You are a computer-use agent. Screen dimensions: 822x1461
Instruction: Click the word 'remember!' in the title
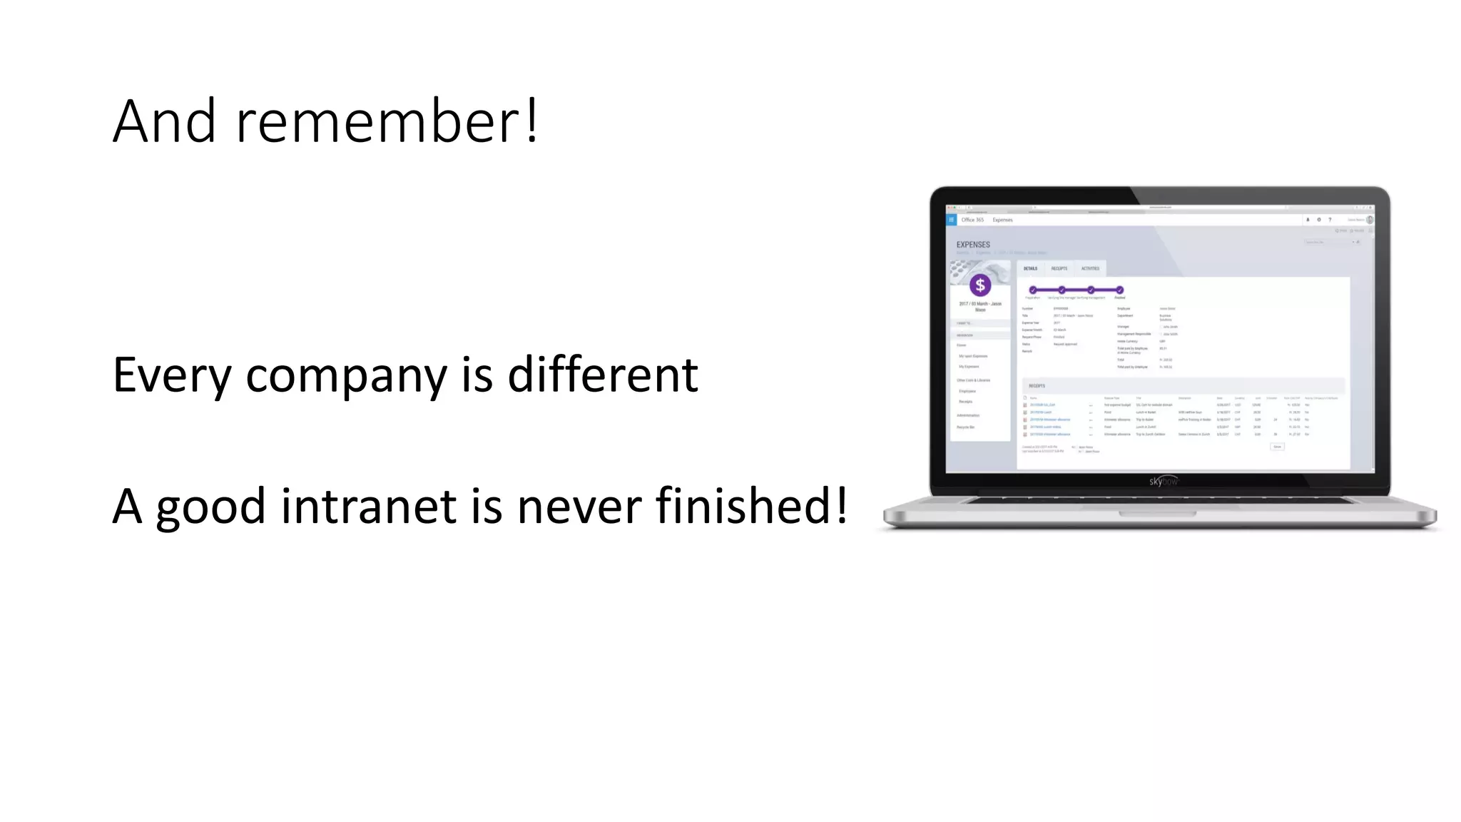point(387,121)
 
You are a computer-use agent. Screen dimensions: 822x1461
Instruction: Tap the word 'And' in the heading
point(164,121)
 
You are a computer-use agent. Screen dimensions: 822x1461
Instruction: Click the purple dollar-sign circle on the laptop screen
point(980,285)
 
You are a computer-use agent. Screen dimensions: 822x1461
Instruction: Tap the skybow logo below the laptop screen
point(1163,482)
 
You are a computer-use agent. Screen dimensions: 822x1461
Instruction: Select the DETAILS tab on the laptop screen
point(1030,269)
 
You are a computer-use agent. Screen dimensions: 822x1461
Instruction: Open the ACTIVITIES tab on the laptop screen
point(1090,269)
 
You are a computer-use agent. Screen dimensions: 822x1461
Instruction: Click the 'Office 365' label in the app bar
point(972,220)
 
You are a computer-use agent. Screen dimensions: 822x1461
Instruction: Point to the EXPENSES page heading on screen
point(973,245)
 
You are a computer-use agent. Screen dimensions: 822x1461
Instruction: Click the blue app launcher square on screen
point(951,220)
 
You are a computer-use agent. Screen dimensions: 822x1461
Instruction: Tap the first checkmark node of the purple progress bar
point(1033,290)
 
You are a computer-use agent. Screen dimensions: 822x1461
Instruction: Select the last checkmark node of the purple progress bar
point(1120,290)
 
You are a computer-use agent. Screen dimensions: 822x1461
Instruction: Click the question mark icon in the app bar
point(1330,220)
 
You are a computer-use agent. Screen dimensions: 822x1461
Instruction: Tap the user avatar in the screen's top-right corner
point(1369,220)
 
